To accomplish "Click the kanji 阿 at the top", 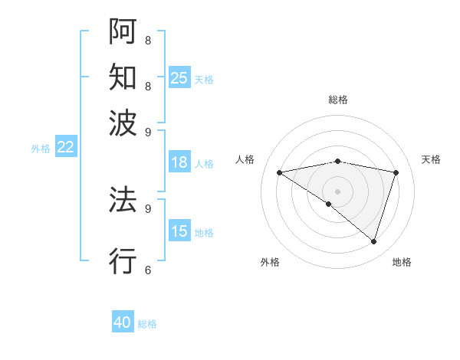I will (x=123, y=31).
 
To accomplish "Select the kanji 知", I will (x=123, y=77).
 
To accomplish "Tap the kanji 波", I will (x=123, y=122).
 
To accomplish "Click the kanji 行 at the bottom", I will (x=123, y=260).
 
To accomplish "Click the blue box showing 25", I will (x=179, y=78).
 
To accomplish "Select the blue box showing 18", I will (x=179, y=162).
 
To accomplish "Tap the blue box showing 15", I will (x=179, y=231).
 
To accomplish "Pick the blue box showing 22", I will (x=65, y=148).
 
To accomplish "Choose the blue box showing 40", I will (x=123, y=322).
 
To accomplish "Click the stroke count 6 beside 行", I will (x=147, y=270).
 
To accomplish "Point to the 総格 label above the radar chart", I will (x=338, y=100).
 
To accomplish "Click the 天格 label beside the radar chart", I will (x=431, y=159).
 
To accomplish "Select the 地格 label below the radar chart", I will (x=402, y=263).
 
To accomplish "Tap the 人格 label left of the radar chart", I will (x=245, y=159).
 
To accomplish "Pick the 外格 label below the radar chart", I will (x=270, y=263).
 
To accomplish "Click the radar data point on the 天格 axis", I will (x=396, y=172).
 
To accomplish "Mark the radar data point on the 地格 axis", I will (x=373, y=241).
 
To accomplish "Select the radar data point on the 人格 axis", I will (x=280, y=172).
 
